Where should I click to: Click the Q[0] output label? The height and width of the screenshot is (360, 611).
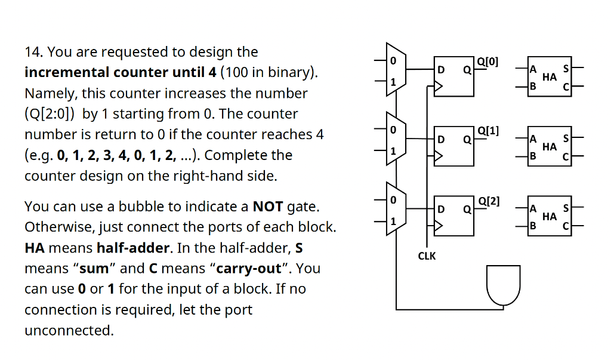tap(488, 61)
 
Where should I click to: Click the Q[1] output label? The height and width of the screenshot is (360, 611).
tap(488, 131)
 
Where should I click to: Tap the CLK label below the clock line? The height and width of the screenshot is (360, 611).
tap(427, 256)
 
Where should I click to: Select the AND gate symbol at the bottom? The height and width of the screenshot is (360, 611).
tap(504, 285)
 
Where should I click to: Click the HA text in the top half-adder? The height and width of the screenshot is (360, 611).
tap(550, 77)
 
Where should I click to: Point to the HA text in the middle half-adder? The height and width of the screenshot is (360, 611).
tap(550, 147)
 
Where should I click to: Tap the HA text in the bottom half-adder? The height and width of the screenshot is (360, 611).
tap(550, 216)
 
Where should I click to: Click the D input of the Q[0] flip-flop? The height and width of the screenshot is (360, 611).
tap(441, 70)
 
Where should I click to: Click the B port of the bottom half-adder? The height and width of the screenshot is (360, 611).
tap(533, 226)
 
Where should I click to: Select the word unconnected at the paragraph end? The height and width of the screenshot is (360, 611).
tap(69, 330)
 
